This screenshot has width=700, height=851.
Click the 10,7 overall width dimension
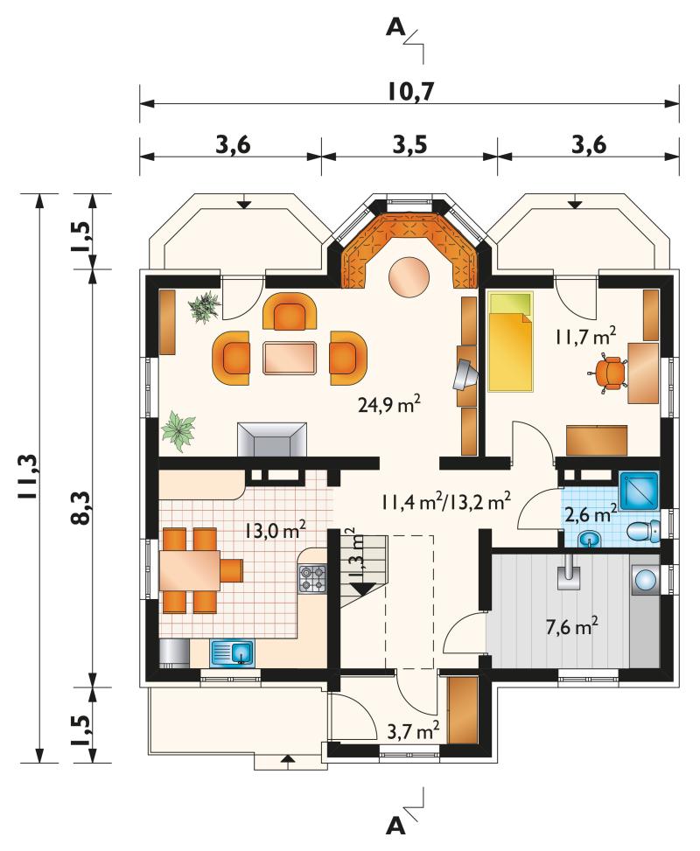(x=410, y=92)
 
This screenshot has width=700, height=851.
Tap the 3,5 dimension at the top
(x=410, y=145)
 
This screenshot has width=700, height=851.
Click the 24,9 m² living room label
(x=389, y=404)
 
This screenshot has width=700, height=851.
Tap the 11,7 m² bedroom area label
(x=584, y=336)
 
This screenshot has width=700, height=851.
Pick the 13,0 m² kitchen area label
(x=275, y=529)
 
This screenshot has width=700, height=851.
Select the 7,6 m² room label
(x=571, y=628)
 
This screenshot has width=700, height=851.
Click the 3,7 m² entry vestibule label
(x=412, y=731)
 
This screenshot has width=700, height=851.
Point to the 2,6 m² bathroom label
(x=591, y=513)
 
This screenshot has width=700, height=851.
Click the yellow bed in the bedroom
(x=510, y=341)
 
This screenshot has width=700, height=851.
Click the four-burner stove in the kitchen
(x=312, y=578)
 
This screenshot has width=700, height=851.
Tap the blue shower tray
(x=639, y=491)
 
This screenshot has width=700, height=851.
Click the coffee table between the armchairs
(x=290, y=358)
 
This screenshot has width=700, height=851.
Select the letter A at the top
(x=395, y=27)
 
